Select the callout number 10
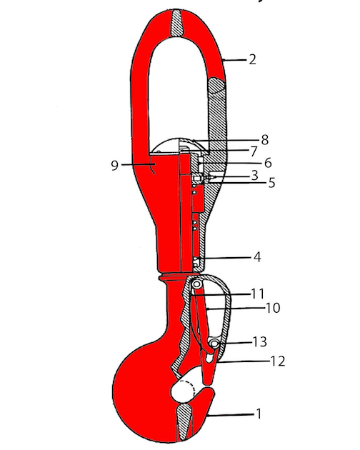272,308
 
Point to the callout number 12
278,361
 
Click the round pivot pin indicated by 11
195,285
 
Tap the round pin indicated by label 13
215,344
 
